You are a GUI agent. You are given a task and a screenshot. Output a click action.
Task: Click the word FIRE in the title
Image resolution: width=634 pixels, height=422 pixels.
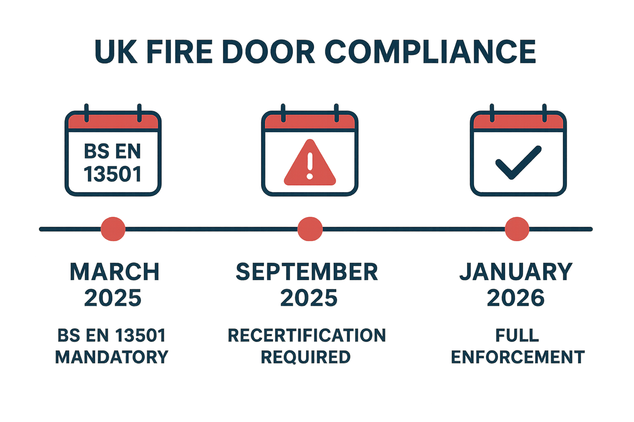(179, 52)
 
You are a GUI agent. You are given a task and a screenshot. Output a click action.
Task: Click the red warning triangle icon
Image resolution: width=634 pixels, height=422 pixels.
(310, 164)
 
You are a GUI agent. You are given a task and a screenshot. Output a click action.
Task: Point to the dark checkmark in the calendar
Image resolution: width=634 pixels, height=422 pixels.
(518, 162)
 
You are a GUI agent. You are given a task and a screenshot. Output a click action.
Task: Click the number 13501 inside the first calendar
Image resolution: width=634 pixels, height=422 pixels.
(113, 174)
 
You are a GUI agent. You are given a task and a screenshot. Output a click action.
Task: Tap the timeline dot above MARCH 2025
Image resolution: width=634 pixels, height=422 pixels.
(113, 229)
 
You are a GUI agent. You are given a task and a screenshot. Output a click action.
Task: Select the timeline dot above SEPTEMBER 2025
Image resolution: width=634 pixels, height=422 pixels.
(310, 229)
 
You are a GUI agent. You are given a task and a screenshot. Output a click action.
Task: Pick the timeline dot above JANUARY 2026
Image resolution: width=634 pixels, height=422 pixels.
(517, 229)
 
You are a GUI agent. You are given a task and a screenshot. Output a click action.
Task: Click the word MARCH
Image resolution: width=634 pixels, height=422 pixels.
(114, 272)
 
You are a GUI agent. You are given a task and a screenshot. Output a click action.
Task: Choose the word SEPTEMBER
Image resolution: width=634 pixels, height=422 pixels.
(307, 272)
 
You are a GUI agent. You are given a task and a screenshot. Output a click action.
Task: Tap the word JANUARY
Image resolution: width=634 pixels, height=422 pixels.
(516, 272)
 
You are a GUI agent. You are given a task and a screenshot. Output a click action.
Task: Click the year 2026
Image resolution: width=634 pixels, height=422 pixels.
(516, 298)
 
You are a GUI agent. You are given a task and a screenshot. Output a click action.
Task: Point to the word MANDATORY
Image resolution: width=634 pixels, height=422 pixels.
(112, 357)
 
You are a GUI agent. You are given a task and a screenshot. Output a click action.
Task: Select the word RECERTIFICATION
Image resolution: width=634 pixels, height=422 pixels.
(307, 335)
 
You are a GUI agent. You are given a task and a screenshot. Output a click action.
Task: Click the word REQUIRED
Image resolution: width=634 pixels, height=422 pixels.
(306, 357)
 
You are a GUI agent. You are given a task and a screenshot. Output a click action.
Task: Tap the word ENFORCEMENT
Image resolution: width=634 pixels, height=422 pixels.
(518, 357)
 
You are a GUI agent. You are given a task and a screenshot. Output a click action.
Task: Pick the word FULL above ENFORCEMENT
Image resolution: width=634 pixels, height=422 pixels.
(517, 335)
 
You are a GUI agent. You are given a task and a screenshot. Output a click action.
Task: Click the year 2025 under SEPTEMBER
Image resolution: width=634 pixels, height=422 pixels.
(309, 298)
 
